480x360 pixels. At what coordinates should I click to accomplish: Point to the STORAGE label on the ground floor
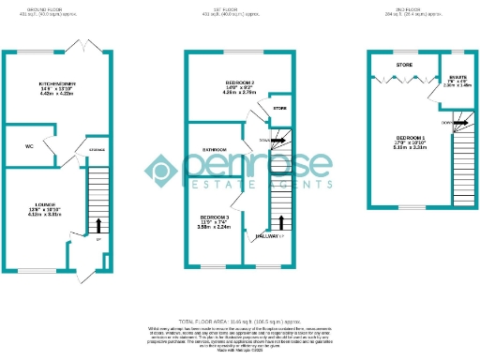97,150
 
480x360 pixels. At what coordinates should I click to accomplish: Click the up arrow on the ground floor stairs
98,224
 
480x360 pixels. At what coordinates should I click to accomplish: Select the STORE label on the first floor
279,109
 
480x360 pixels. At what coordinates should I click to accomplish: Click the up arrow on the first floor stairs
282,223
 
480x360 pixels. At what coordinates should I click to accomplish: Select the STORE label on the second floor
405,65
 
